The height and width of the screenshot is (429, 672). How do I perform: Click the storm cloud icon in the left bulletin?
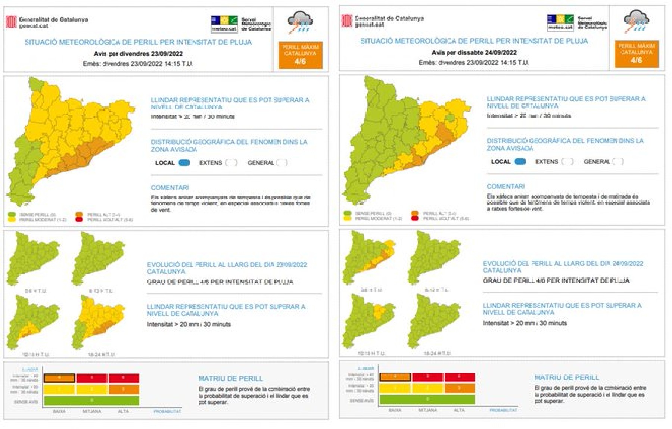pos(300,22)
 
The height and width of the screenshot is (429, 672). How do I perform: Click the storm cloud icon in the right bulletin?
pos(636,21)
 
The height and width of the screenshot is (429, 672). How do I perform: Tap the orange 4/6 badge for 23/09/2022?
pos(300,55)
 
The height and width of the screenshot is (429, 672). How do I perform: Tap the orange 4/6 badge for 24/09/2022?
pos(636,54)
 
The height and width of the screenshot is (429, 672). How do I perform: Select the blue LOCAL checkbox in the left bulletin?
pos(184,162)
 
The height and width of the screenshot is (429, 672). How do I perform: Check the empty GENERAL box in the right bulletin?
pos(618,161)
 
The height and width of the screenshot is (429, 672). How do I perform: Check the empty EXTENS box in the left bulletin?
pos(231,162)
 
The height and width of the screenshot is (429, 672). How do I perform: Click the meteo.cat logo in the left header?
pos(224,24)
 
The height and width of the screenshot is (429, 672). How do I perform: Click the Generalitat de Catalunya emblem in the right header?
pos(346,21)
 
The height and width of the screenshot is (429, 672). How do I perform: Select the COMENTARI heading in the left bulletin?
pos(169,187)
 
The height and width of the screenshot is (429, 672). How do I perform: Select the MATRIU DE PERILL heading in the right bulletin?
pos(566,377)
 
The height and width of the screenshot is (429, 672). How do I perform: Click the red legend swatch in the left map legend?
pos(79,220)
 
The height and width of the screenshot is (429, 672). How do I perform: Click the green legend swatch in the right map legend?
pos(347,214)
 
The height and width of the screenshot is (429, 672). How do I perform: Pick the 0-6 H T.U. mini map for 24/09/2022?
pos(369,257)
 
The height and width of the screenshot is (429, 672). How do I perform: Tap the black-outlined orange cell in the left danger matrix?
pos(59,378)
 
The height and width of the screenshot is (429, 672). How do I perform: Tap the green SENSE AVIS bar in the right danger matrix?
pos(427,400)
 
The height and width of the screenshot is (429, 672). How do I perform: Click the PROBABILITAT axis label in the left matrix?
pos(167,411)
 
